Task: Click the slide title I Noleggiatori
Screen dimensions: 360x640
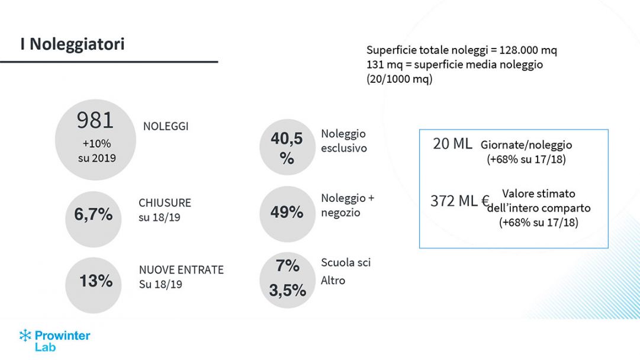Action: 72,44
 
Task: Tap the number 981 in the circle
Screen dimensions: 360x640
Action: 95,120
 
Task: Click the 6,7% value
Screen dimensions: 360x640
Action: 93,214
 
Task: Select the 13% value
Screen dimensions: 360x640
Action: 96,281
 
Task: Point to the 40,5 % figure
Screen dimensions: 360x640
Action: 287,147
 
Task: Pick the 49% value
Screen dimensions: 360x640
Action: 287,213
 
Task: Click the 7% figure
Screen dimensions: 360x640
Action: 288,266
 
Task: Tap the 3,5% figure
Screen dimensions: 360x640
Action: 288,290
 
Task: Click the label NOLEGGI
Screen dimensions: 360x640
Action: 166,127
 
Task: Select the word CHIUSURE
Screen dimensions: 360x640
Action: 165,202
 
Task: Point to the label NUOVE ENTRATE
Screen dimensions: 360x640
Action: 181,270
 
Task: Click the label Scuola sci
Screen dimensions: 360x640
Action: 346,262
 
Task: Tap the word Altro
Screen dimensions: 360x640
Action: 333,280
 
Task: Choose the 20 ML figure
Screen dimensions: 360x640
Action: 452,144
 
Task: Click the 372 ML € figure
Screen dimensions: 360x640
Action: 459,201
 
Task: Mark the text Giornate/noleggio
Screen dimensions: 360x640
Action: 526,145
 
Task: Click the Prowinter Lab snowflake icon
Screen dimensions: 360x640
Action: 25,335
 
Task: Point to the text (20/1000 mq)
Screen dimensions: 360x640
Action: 399,79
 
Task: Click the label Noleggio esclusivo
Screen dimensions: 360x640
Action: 343,141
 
